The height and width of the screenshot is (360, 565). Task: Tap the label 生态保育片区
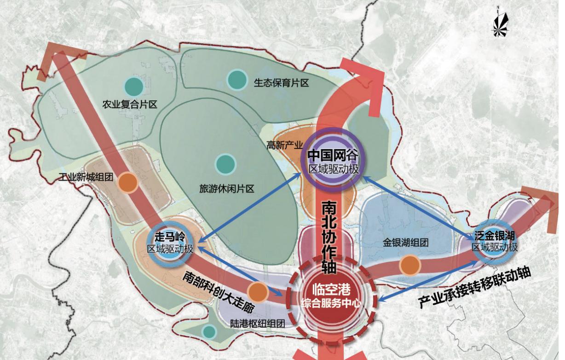click(281, 83)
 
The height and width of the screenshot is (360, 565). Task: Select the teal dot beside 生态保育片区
click(237, 80)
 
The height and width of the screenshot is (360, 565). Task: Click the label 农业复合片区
click(130, 105)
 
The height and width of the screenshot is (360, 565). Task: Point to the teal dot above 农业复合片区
click(133, 85)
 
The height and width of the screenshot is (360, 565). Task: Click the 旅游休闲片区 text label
click(227, 189)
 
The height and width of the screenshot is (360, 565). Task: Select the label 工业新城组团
click(87, 177)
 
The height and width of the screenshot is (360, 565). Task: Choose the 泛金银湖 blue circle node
click(495, 241)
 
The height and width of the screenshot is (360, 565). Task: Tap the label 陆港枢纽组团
click(258, 323)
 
